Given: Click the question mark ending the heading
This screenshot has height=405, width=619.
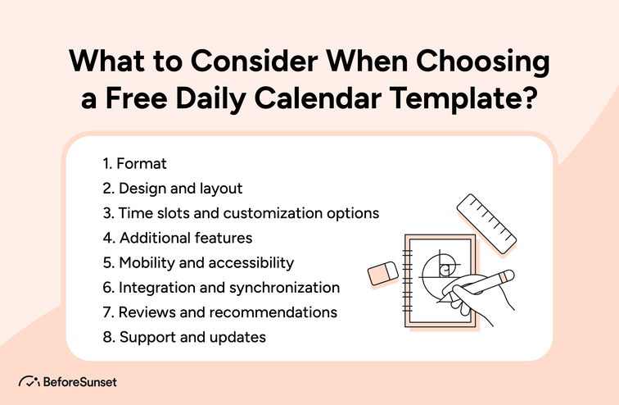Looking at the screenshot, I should click(x=529, y=102).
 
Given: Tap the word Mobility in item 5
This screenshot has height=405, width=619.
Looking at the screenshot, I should click(x=146, y=262).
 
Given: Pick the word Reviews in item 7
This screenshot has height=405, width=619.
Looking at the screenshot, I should click(x=144, y=312).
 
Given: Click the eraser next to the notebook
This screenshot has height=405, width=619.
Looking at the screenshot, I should click(x=382, y=274).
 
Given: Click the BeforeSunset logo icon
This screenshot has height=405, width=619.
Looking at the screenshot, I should click(x=28, y=381).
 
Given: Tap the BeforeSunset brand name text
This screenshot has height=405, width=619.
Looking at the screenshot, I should click(x=80, y=381).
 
